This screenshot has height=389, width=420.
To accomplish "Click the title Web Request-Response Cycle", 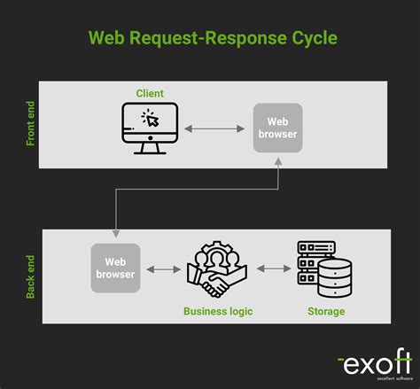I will (213, 39).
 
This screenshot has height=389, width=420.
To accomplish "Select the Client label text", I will (150, 93).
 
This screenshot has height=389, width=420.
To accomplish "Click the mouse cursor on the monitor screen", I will (152, 121).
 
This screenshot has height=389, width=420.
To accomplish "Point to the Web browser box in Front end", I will (277, 128).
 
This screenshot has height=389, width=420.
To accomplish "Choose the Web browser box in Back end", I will (115, 268).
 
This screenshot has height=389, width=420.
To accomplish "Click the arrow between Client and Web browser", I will (214, 128).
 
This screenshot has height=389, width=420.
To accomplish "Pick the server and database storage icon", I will (323, 268).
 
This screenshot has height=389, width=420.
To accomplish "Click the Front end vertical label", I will (31, 121).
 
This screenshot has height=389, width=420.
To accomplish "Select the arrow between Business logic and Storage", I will (273, 268).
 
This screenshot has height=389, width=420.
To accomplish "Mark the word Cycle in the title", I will (308, 39).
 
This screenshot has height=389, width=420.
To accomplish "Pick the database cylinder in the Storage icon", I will (335, 278).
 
